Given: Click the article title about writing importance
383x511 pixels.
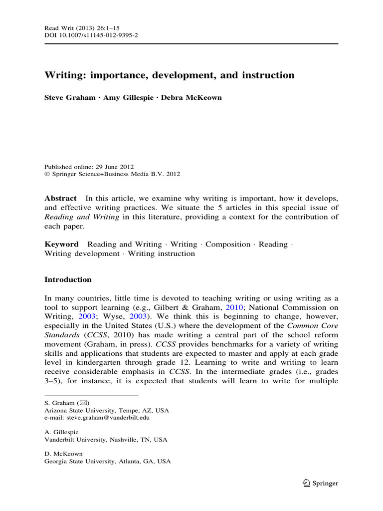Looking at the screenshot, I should coord(170,75).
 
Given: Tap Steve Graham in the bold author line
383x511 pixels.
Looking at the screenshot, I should coord(69,97).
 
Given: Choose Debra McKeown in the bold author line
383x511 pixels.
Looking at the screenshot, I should coord(191,97).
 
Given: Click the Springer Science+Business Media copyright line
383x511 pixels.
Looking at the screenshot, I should coord(112,174).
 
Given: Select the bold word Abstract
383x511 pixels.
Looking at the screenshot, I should coord(60,198).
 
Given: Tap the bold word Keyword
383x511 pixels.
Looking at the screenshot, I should coord(61,244).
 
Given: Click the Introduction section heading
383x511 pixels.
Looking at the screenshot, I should coord(68,279).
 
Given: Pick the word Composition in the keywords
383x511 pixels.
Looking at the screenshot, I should coord(228,244).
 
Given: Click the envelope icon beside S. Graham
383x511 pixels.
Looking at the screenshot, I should coord(84,402).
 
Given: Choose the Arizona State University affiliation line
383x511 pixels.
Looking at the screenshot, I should coord(107,410).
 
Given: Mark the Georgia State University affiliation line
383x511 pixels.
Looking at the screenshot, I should coord(107,462).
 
